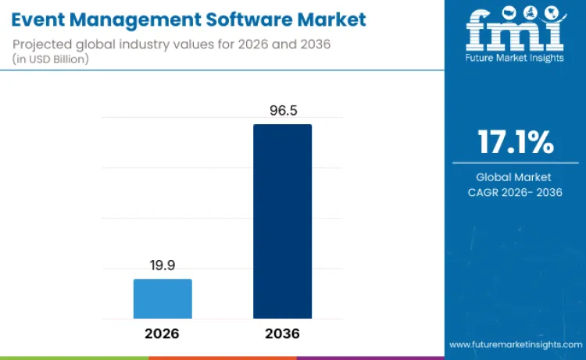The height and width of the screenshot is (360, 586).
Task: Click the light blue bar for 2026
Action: [163, 299]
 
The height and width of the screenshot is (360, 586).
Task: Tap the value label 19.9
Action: [163, 266]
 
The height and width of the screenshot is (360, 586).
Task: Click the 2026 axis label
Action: [162, 333]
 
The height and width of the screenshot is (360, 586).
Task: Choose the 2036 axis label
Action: [282, 333]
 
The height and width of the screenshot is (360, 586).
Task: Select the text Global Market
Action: [514, 177]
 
